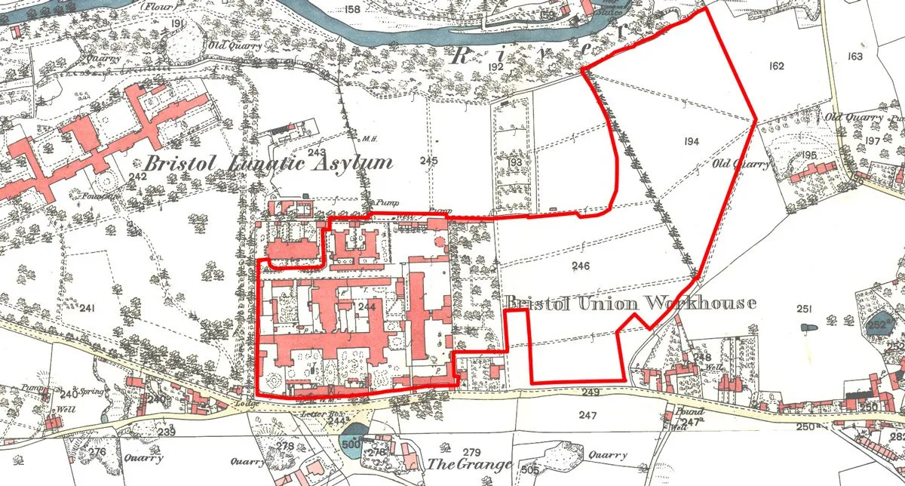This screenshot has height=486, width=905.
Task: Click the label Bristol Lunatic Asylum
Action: point(268,163)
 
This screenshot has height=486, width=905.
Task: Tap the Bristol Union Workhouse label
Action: point(630,303)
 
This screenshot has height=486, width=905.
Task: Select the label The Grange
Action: point(470,464)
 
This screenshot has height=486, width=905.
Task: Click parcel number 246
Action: point(580,266)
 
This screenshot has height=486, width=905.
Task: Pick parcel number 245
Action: point(429,160)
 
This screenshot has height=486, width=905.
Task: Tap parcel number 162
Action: point(777,66)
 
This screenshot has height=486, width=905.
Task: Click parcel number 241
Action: point(88,308)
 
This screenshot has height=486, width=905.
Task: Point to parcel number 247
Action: point(588,415)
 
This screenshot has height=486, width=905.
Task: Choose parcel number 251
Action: point(803,309)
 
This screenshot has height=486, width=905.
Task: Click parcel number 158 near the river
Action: point(351,10)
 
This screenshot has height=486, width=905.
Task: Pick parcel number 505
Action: point(529,470)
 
